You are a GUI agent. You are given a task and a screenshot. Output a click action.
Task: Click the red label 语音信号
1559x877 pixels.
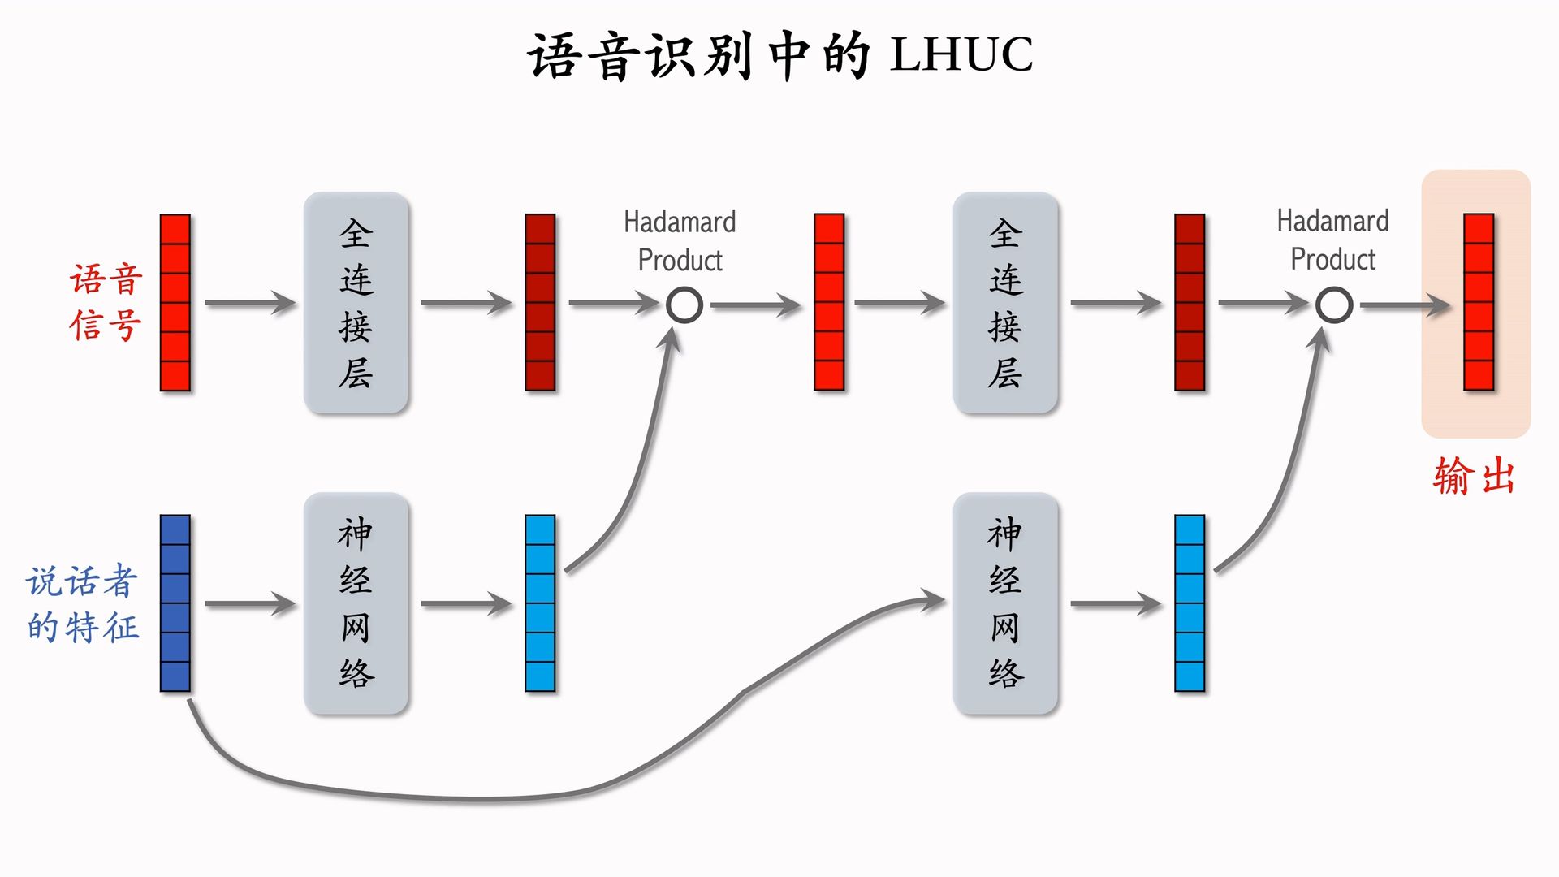(x=106, y=302)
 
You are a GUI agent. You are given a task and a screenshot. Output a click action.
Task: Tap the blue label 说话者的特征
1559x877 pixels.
(x=82, y=603)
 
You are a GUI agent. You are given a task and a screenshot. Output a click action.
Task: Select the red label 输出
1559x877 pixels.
(x=1474, y=476)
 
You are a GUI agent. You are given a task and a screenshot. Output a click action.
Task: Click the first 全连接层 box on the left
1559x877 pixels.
(x=356, y=303)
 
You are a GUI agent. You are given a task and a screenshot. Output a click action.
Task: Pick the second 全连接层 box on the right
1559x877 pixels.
(x=1005, y=303)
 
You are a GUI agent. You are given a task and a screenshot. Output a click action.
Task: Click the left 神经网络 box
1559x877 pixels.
(x=356, y=603)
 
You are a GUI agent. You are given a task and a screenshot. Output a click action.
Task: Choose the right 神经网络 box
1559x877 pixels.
(x=1005, y=603)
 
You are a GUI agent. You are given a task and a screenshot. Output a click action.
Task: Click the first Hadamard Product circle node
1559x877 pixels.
(x=684, y=305)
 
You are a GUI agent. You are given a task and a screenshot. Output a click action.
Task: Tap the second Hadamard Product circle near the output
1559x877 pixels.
(x=1333, y=305)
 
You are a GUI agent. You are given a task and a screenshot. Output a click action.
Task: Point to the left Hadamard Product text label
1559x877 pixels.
(x=680, y=240)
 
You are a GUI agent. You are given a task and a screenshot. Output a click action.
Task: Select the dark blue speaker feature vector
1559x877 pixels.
(x=175, y=603)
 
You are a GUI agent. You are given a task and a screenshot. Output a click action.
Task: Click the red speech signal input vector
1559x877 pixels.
(x=175, y=302)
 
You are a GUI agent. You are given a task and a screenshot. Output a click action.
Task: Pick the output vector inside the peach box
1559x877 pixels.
(x=1479, y=302)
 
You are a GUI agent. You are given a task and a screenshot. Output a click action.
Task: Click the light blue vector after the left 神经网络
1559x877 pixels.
(x=540, y=603)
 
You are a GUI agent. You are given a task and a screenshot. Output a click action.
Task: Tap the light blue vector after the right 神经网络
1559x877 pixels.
(x=1190, y=603)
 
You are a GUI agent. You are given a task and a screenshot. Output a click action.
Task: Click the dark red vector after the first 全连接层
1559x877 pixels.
(x=540, y=302)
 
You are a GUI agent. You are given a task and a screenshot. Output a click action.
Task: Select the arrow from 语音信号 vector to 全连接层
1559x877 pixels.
(x=250, y=303)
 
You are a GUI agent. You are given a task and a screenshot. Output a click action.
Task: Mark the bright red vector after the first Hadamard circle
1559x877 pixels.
(x=829, y=302)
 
